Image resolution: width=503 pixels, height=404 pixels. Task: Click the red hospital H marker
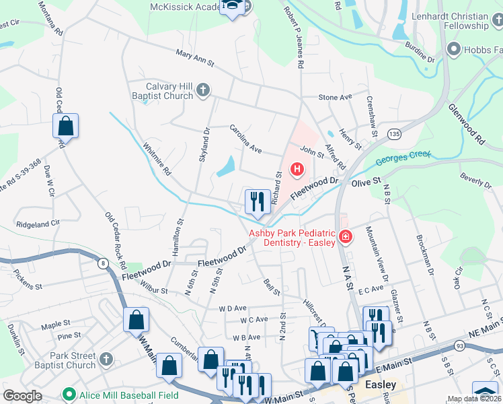tap(296, 168)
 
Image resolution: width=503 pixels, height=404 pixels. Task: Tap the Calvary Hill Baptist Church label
tap(170, 91)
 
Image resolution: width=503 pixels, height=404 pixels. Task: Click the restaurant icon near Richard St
tap(256, 200)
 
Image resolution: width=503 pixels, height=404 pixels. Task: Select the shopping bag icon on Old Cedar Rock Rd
tap(66, 125)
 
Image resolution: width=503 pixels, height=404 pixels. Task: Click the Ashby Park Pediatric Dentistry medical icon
tap(345, 237)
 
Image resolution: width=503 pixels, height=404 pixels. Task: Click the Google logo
tap(22, 396)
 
